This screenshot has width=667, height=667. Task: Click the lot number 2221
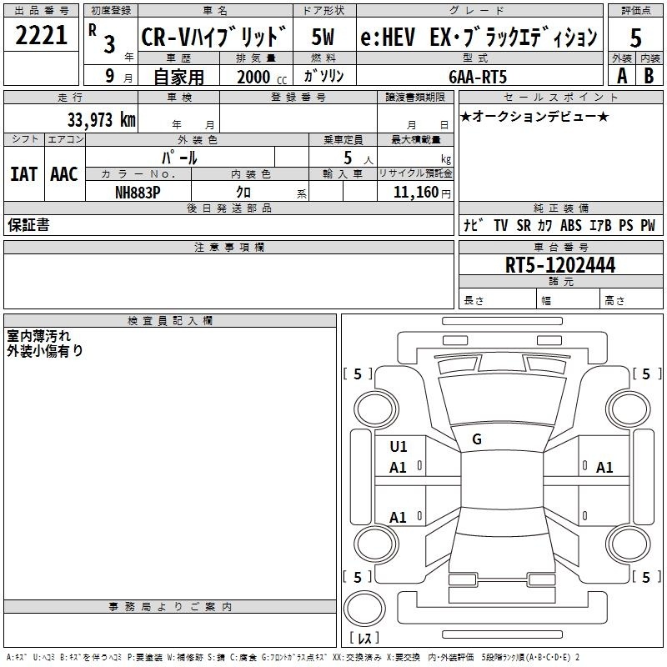point(41,35)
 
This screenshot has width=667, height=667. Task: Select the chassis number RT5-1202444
point(560,265)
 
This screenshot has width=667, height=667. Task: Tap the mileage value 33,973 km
point(102,119)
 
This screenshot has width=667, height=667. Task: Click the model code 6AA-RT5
point(478,77)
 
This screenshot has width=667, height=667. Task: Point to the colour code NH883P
point(138,193)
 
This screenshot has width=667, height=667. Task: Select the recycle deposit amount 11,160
point(416,193)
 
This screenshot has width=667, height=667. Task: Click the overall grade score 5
point(635,38)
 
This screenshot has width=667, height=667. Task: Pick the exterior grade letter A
point(622,76)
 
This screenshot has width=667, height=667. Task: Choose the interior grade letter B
point(649,76)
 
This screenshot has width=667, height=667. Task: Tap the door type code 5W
point(323,37)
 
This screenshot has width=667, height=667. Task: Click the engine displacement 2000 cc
point(262,77)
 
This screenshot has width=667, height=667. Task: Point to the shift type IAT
point(24,174)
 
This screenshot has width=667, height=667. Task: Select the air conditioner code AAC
point(64,174)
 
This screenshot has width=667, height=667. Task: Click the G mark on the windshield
point(477,439)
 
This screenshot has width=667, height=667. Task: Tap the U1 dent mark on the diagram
point(399,447)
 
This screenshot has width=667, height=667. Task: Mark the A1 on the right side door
point(604,468)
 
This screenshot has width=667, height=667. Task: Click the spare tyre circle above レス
point(364,608)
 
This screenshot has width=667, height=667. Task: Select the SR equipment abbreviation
point(524,225)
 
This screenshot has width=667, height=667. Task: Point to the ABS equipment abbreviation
point(571,225)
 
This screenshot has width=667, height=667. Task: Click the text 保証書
point(28,224)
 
